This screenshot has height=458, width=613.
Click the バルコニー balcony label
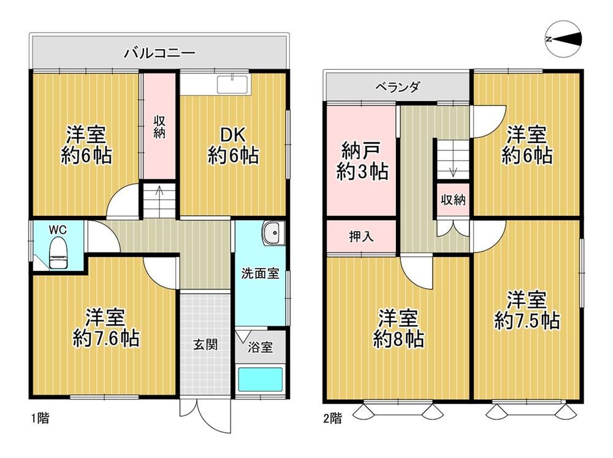tap(159, 53)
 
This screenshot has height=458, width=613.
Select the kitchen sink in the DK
tap(232, 85)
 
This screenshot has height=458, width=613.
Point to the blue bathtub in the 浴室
tap(261, 379)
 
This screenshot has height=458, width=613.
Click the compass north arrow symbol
tap(563, 39)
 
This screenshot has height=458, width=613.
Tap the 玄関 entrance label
tap(205, 345)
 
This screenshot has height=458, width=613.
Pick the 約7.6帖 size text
tap(106, 338)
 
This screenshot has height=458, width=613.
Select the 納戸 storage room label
tap(361, 150)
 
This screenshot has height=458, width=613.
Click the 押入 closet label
tap(361, 236)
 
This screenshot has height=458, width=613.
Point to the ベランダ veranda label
tap(398, 86)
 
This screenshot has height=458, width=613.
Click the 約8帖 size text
tap(398, 339)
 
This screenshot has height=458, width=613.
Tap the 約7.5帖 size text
tap(527, 321)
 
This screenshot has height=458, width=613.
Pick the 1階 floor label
tap(40, 418)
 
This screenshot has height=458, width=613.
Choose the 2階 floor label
tap(333, 418)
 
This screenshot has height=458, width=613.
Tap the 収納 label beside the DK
tap(159, 126)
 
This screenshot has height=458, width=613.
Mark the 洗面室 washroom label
tap(260, 273)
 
